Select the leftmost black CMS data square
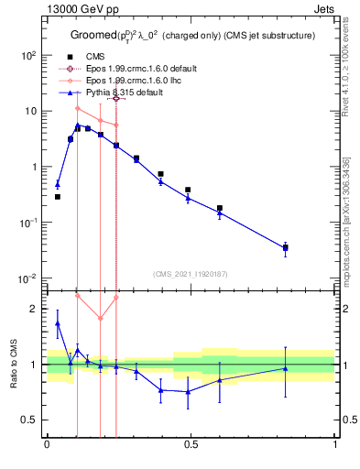(x=58, y=197)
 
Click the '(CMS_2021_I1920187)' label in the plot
(x=190, y=274)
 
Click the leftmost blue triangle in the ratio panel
(x=58, y=323)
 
